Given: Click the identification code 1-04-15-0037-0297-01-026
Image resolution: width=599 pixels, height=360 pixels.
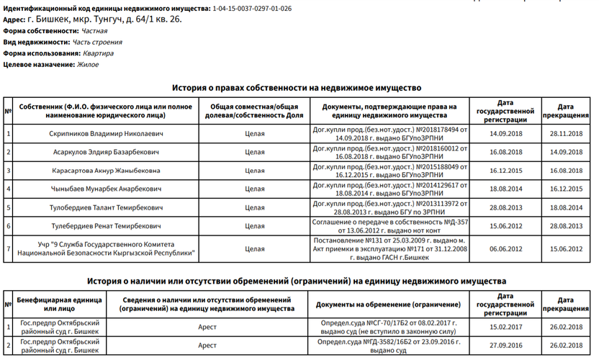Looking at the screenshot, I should pos(253,8).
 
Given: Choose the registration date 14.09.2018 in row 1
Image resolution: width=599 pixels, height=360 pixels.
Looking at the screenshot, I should pos(505,134).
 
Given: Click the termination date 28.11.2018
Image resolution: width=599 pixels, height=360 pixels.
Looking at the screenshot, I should pos(565,134).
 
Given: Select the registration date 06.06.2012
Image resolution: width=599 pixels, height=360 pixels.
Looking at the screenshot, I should pos(505,248).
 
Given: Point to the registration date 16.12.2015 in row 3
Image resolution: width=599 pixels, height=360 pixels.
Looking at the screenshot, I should pos(505,171).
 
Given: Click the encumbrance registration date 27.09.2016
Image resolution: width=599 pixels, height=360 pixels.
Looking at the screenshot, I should pos(505,345).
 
